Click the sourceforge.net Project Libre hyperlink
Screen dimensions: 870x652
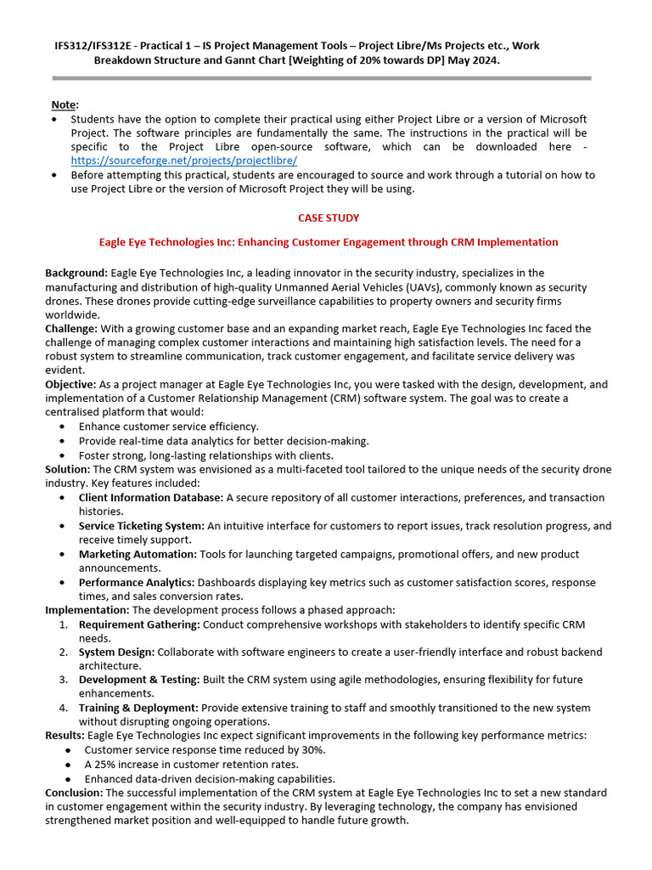click(x=184, y=160)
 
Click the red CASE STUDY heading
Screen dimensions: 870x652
click(x=329, y=218)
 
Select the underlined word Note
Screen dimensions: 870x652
click(x=64, y=105)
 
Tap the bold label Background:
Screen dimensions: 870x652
click(x=76, y=273)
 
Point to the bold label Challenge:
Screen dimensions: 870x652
click(x=72, y=329)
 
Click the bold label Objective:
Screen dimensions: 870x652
click(x=72, y=384)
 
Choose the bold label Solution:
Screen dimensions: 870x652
click(x=68, y=469)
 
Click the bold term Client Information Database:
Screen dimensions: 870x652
click(x=151, y=497)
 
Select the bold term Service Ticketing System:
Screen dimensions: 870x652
click(x=142, y=526)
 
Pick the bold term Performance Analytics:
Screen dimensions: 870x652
click(x=137, y=582)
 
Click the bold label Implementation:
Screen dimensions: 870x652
click(x=87, y=610)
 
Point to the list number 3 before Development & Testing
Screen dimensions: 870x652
click(x=64, y=680)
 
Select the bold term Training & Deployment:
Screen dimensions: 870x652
click(x=138, y=708)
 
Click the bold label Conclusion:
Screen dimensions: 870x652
click(x=74, y=792)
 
